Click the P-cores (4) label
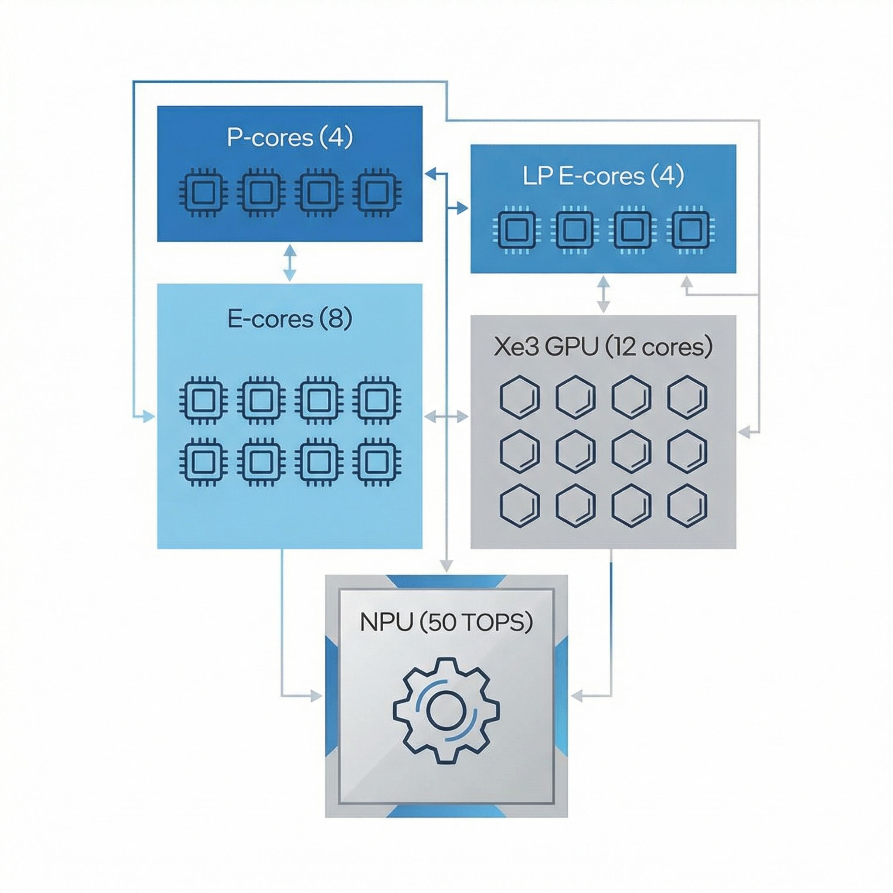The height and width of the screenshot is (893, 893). pos(290,137)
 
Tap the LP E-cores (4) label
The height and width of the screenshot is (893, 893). pos(603,176)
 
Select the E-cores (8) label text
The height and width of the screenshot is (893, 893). pos(290,319)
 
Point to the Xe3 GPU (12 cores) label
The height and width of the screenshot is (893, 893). pos(603,347)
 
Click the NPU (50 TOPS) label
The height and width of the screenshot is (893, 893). pos(446,622)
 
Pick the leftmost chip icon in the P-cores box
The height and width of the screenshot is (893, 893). pos(202,192)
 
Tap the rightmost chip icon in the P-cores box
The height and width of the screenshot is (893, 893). pos(377,192)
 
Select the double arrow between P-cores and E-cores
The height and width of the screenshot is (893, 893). pos(290,263)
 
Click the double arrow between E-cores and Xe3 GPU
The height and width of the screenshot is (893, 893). pos(446,417)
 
